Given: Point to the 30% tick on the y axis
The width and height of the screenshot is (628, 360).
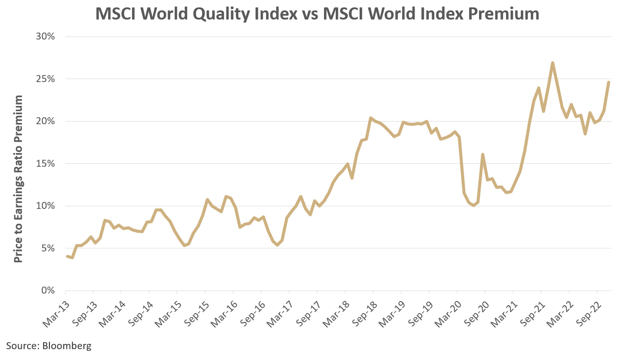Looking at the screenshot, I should [45, 36].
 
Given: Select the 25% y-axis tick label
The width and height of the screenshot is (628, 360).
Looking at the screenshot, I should [45, 79].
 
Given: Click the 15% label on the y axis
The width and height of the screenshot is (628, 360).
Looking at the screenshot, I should [45, 164].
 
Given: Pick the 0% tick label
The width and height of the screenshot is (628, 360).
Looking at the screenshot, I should [48, 291].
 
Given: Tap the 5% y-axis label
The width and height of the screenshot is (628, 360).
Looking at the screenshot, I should [48, 248].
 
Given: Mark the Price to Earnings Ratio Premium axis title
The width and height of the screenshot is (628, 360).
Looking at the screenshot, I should [18, 179].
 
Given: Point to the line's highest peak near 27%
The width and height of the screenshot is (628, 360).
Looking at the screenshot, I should [552, 63].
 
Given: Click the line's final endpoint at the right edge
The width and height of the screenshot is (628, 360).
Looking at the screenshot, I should [609, 82].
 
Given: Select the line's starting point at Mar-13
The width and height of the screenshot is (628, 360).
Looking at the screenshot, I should [67, 256].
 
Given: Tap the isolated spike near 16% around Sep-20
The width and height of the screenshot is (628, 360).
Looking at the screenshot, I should [483, 154].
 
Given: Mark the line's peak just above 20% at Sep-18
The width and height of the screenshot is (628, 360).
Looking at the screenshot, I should [370, 118].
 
